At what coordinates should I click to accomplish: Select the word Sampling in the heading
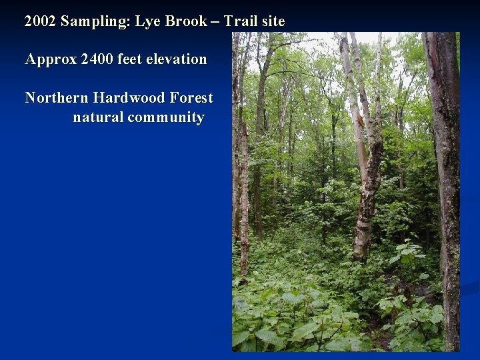click(x=95, y=22)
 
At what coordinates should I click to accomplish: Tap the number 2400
click(x=97, y=59)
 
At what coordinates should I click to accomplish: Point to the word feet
click(x=130, y=59)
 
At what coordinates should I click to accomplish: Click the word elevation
click(x=177, y=59)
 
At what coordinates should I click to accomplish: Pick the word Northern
click(x=57, y=98)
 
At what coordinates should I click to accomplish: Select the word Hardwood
click(x=130, y=98)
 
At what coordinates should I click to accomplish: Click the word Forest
click(x=191, y=98)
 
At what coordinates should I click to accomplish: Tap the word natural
click(x=98, y=117)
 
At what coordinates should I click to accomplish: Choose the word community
click(x=166, y=118)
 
